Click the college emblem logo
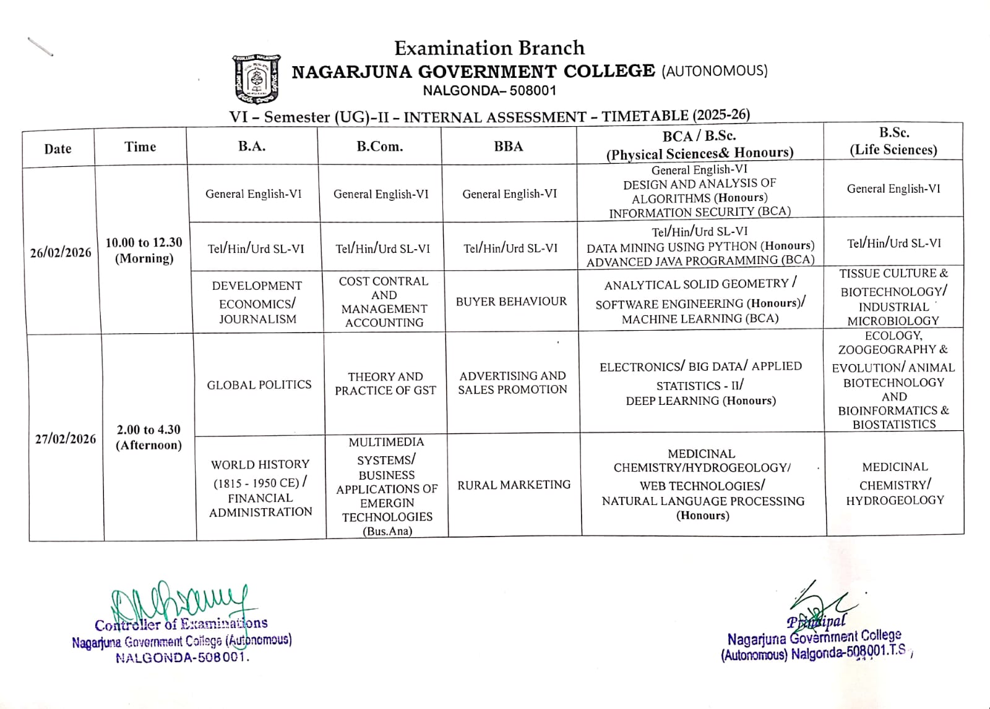coord(256,79)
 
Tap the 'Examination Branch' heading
coord(489,48)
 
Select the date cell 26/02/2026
coord(61,252)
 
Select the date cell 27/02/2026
coord(66,439)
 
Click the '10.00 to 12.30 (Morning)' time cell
coord(144,250)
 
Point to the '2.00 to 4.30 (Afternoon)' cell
coord(148,437)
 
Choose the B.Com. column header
coord(379,146)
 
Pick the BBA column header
coord(509,146)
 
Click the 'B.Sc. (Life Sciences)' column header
coord(893,141)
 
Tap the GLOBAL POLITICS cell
coord(259,384)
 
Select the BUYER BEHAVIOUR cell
coord(511,302)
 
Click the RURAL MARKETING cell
coord(514,485)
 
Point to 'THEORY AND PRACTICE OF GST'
coord(385,383)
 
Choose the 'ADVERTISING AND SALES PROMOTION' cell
coord(512,383)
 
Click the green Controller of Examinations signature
coord(179,600)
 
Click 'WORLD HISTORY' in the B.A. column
coord(260,464)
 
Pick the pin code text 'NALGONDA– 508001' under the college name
coord(489,91)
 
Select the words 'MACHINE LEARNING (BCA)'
coord(700,319)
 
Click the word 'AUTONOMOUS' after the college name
coord(715,71)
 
